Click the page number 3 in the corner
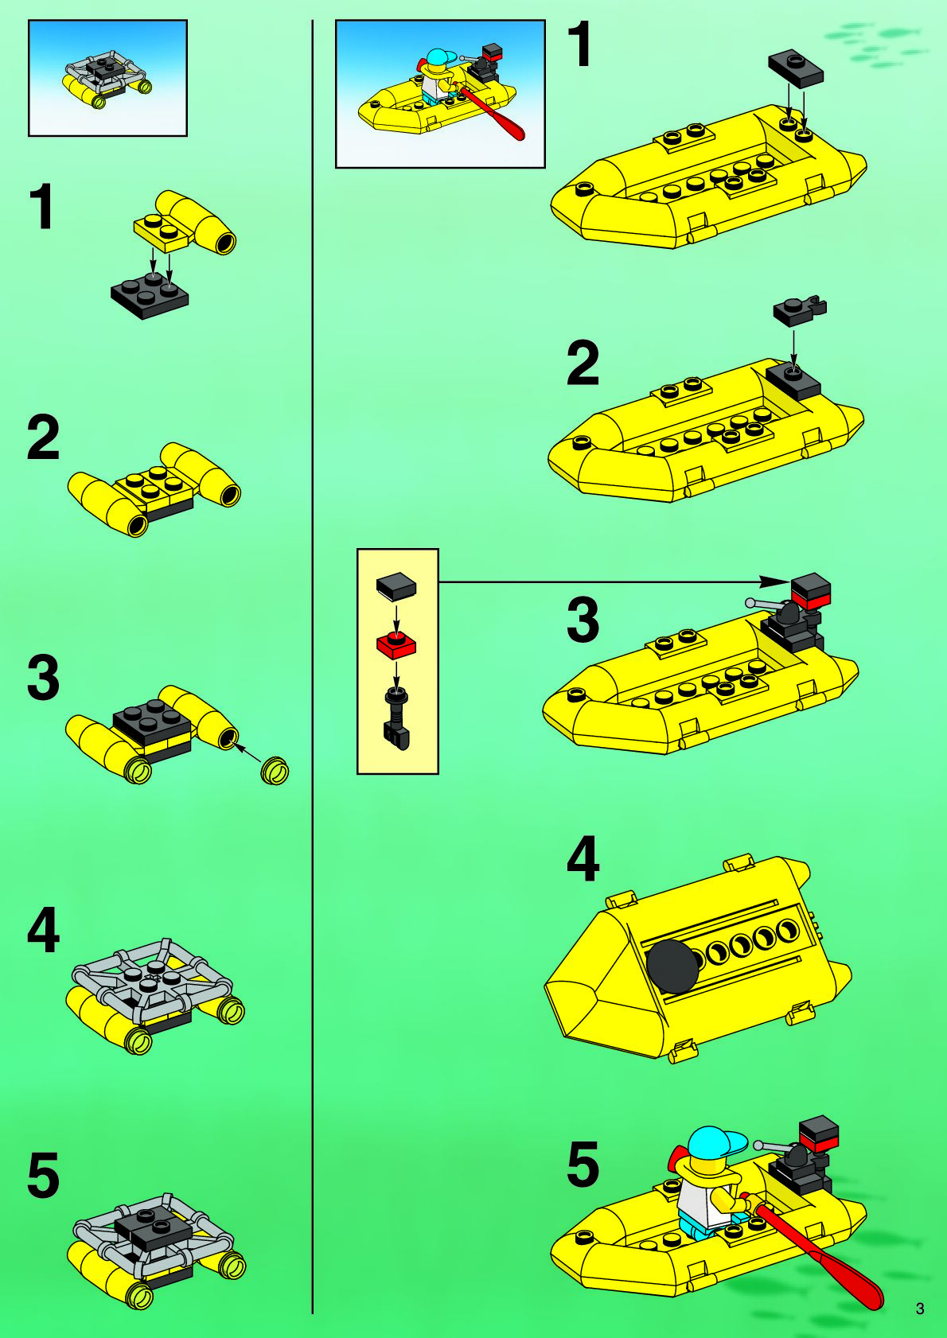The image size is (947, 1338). point(920,1309)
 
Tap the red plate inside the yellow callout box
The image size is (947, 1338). point(396,644)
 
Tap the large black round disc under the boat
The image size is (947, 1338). point(672,966)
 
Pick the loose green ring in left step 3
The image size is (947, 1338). point(275,770)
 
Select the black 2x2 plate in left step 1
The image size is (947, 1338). point(150,294)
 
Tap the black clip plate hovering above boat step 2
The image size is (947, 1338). point(799,310)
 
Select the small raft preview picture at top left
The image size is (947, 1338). point(107,78)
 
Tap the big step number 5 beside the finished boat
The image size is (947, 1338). point(583,1162)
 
